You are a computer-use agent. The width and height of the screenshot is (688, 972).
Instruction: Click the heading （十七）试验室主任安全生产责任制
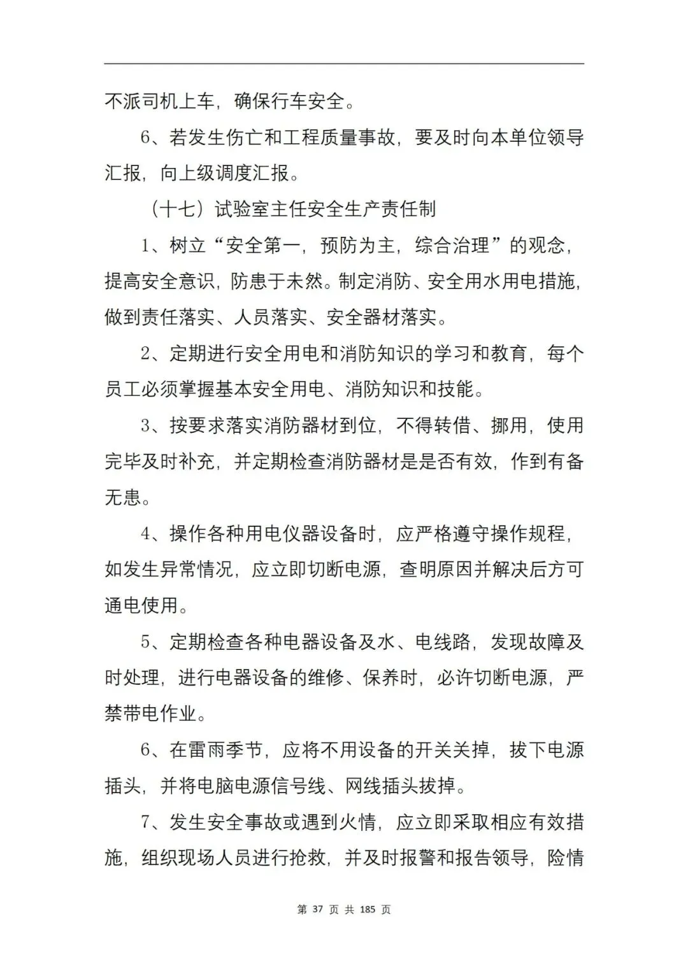(292, 209)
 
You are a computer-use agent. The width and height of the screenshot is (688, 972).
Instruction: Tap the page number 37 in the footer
(319, 910)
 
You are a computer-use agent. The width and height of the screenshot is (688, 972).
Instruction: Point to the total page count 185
(368, 910)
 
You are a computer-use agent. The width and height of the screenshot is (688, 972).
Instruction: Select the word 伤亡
(245, 137)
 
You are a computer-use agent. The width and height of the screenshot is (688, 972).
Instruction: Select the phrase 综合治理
(452, 245)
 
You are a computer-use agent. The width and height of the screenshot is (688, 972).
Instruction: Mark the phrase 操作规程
(528, 533)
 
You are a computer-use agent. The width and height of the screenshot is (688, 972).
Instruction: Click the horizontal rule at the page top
(344, 63)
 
